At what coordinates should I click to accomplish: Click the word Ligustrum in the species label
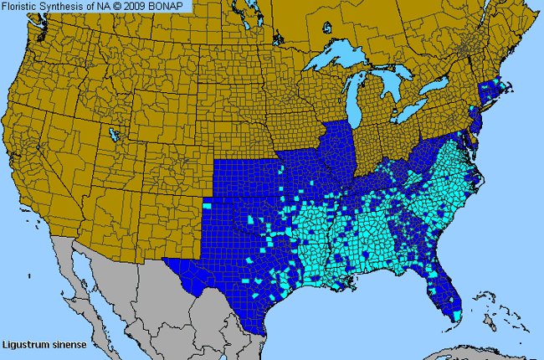(23, 344)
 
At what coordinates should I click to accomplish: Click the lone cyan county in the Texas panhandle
(207, 205)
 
